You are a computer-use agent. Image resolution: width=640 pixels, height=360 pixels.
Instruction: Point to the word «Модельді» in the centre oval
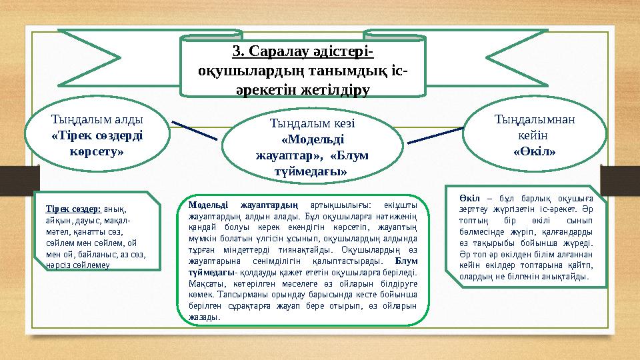(x=312, y=140)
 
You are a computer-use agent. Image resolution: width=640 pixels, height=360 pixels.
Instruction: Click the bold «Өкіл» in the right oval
(x=535, y=152)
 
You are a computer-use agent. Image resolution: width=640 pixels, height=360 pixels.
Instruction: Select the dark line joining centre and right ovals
(x=435, y=134)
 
